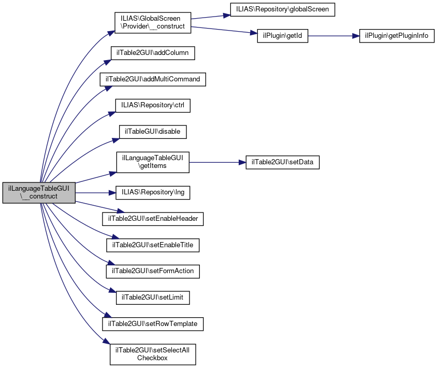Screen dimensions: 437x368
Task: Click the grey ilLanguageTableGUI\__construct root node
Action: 39,193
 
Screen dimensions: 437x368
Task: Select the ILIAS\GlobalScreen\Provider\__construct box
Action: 153,23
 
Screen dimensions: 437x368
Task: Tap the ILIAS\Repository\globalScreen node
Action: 283,9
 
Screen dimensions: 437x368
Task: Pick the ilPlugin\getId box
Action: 283,36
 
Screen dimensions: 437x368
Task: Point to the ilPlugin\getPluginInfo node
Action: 397,36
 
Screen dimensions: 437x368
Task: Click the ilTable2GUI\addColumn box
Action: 153,53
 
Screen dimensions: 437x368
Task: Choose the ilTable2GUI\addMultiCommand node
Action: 153,79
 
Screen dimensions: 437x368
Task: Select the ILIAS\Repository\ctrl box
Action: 153,105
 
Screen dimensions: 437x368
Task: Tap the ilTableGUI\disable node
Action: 153,132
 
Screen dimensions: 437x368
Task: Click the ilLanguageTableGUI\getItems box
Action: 153,162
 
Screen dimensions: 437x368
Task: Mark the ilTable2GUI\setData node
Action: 283,162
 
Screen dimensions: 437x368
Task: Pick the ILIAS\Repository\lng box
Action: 153,193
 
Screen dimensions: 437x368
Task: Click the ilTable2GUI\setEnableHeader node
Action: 153,219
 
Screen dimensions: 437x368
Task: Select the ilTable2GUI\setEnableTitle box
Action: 153,245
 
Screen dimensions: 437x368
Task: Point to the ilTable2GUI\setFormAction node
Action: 153,271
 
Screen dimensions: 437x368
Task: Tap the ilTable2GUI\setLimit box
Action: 153,298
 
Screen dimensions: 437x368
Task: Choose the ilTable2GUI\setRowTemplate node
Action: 153,324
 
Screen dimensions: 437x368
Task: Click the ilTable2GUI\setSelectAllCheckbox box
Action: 153,355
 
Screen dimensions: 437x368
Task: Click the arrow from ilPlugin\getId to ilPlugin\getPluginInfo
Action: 333,36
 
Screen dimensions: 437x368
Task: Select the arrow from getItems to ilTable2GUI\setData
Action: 217,162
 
